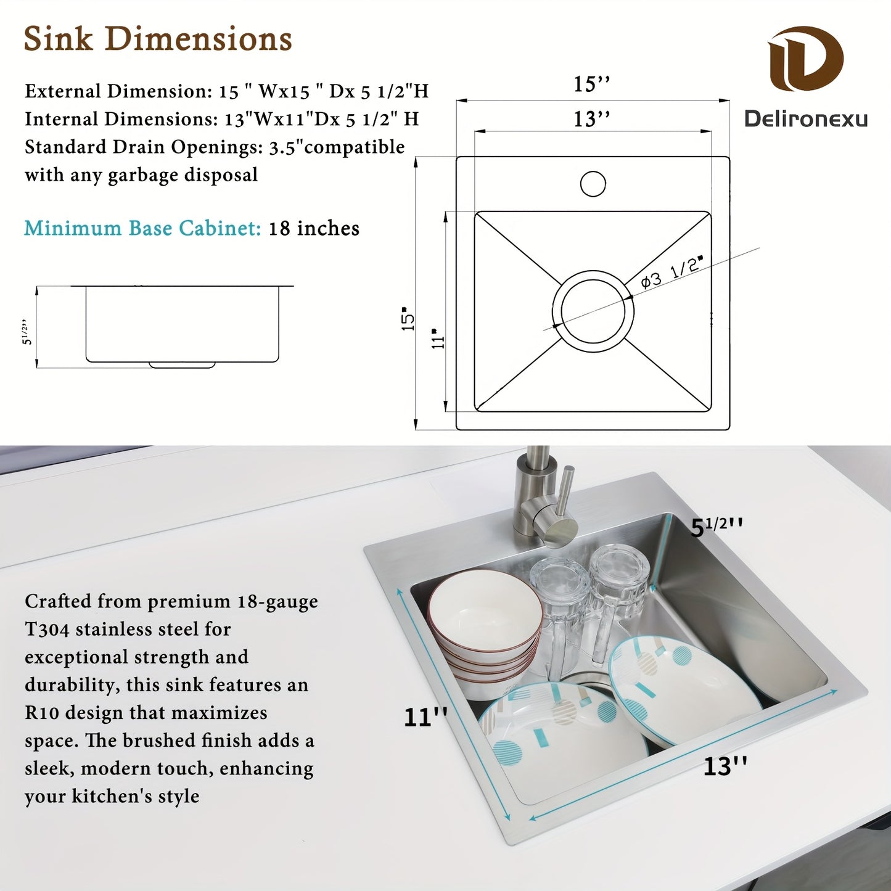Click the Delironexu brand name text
pos(805,118)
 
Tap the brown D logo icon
pos(805,59)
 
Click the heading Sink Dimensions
pos(158,39)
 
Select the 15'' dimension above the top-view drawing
pos(591,84)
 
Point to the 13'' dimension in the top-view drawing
pos(591,118)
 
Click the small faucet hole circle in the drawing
pos(593,184)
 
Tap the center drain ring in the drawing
pos(593,311)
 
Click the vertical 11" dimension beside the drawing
pos(438,339)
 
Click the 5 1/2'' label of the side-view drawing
pos(27,332)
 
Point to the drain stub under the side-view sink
pos(182,365)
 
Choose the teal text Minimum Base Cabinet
pos(142,228)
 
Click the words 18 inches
pos(314,228)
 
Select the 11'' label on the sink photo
pos(425,717)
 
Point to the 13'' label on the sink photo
pos(725,766)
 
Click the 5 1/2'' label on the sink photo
pos(716,527)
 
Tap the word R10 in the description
pos(42,713)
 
